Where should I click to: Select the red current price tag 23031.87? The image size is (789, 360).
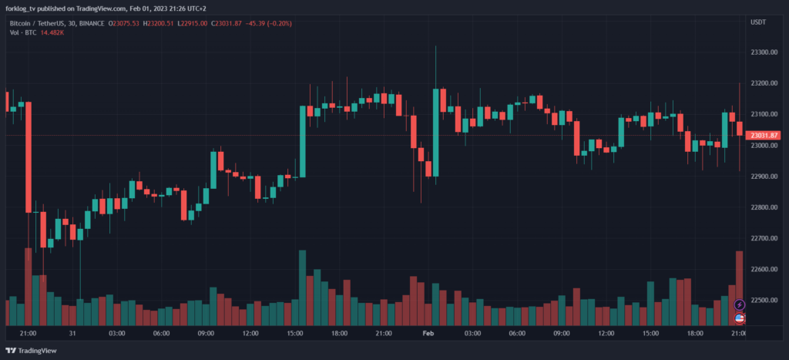764,136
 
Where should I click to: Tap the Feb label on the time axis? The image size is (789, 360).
428,334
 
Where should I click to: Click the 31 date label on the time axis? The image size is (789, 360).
72,334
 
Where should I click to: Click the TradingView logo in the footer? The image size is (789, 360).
32,351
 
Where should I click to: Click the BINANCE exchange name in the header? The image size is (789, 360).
91,23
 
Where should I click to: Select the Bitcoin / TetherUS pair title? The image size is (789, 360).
33,23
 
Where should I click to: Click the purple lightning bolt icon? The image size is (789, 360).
740,305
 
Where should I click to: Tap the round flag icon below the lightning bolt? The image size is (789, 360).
740,318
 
